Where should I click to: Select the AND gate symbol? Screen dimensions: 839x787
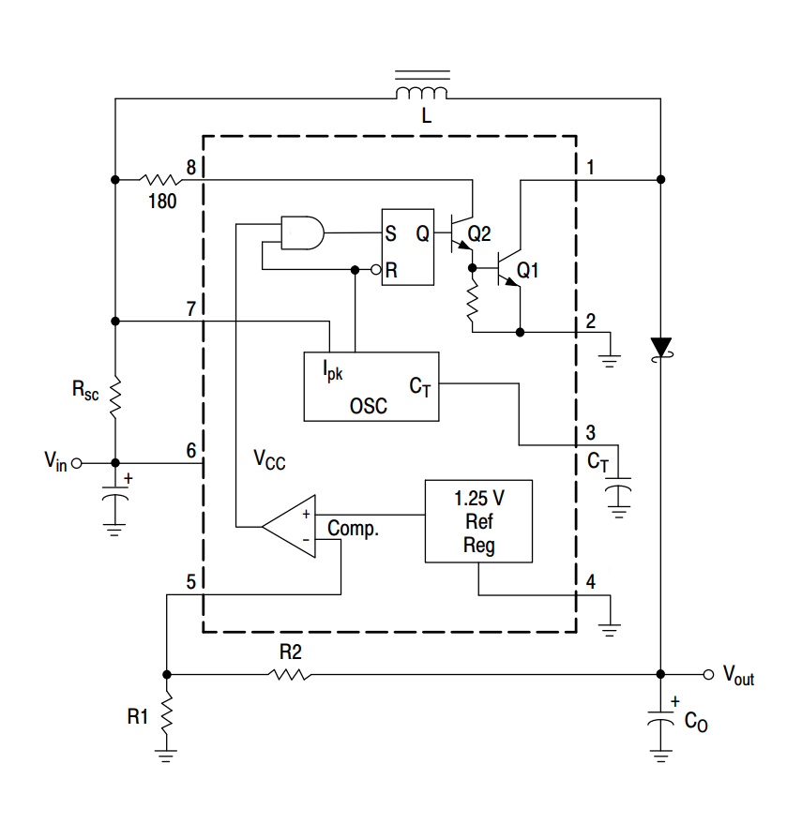302,231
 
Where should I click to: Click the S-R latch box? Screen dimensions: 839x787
406,247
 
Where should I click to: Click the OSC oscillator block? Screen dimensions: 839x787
371,386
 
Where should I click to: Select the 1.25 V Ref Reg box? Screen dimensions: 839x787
478,521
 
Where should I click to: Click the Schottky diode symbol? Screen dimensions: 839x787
661,347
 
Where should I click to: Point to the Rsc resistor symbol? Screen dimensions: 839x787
115,397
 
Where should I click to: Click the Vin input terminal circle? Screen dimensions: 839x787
77,463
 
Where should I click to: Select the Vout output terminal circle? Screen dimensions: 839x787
708,674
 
